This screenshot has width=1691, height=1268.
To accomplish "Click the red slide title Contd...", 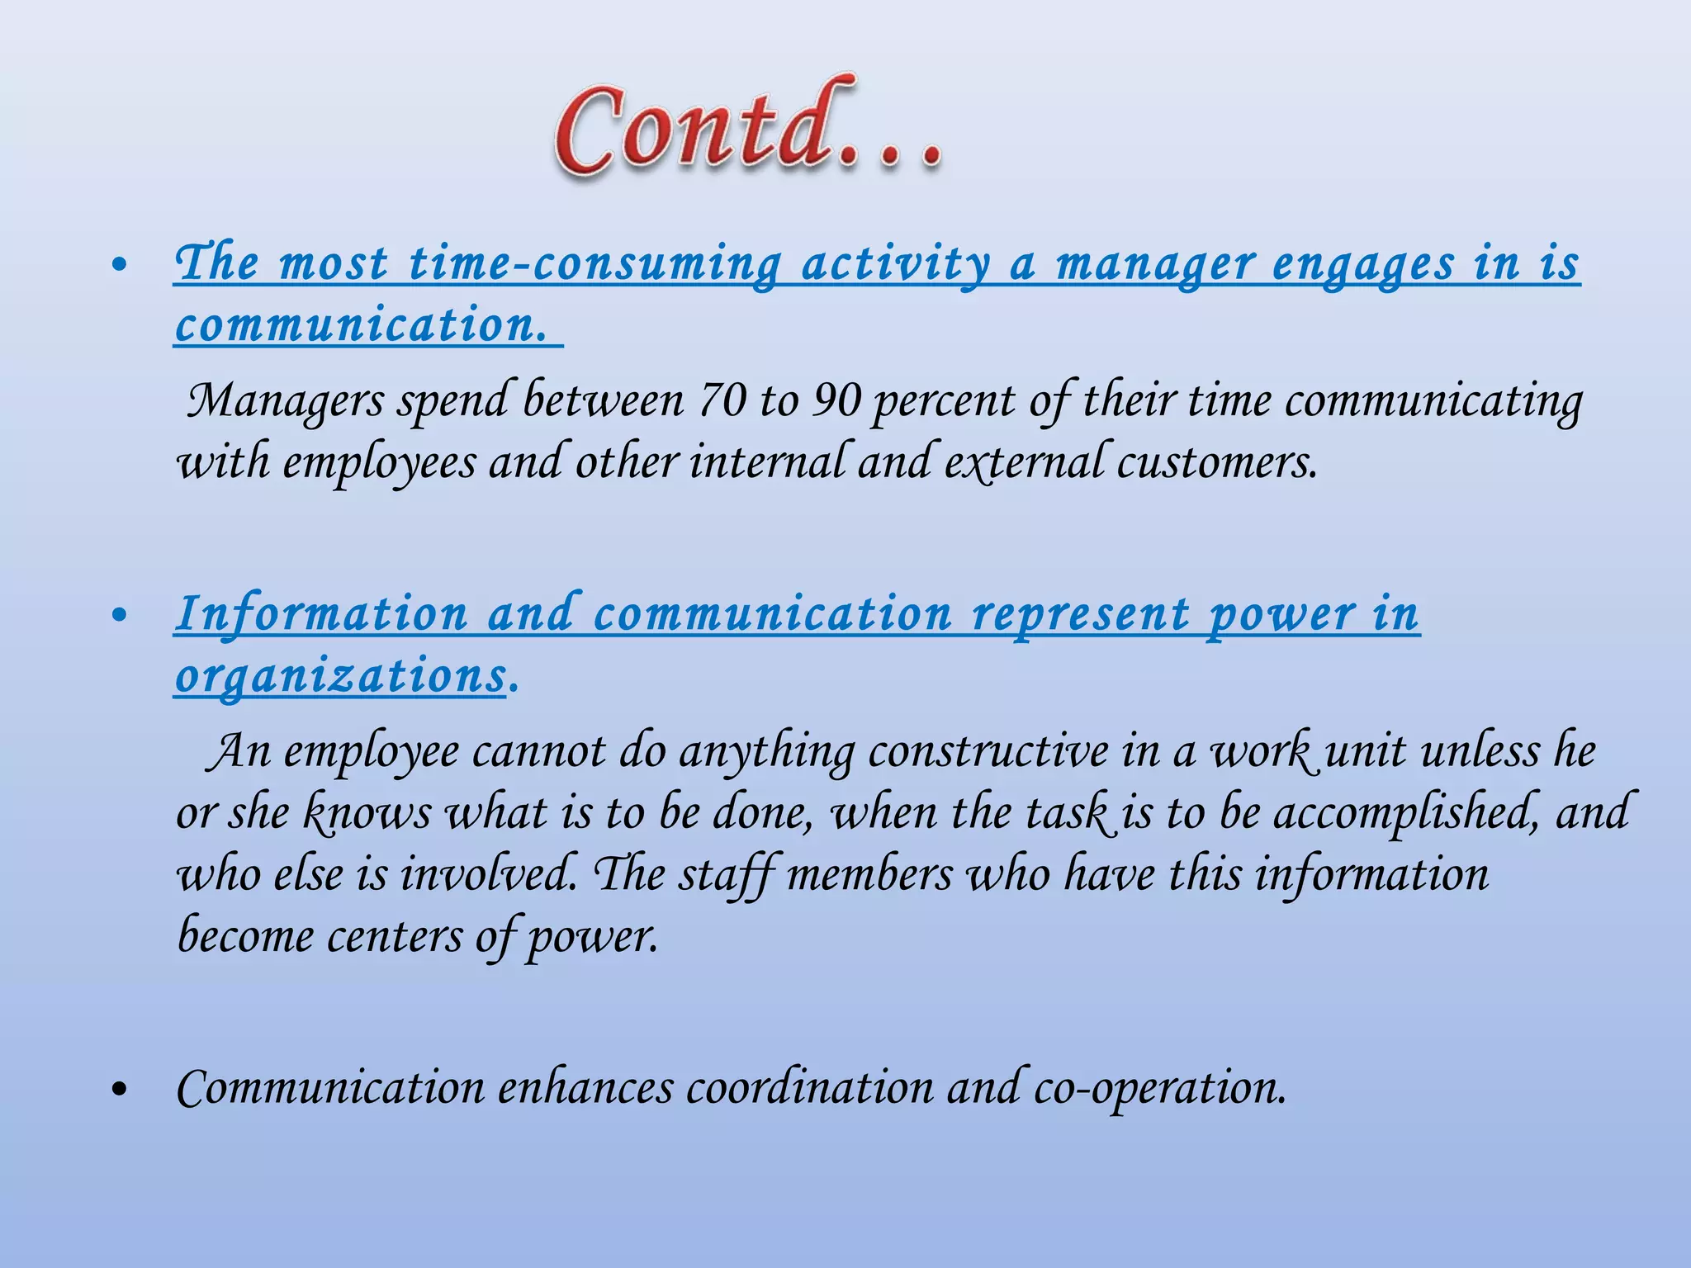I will pyautogui.click(x=747, y=128).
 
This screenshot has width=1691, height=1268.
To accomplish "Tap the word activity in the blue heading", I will pyautogui.click(x=896, y=264).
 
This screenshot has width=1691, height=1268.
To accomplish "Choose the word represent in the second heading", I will pyautogui.click(x=1081, y=615).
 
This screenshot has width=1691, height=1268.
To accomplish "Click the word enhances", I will pyautogui.click(x=585, y=1088).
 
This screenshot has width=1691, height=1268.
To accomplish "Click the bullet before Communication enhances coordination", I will pyautogui.click(x=119, y=1090).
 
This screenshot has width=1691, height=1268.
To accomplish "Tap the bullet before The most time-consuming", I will pyautogui.click(x=119, y=266).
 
